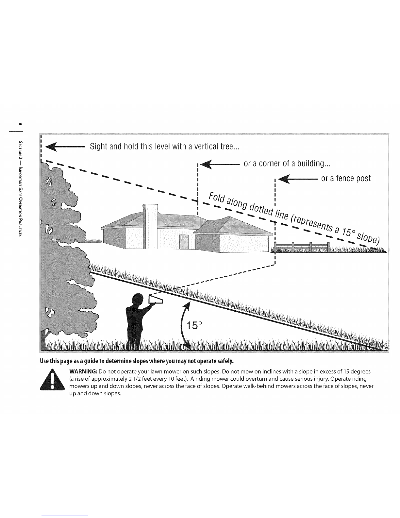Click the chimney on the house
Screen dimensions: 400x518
pyautogui.click(x=150, y=226)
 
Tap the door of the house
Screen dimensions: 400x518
pyautogui.click(x=184, y=242)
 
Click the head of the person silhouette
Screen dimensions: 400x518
pyautogui.click(x=137, y=300)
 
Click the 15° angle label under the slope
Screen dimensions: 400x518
pyautogui.click(x=194, y=325)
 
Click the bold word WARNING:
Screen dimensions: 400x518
pyautogui.click(x=83, y=371)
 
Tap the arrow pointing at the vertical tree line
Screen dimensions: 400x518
pyautogui.click(x=65, y=147)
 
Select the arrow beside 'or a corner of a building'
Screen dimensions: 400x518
pyautogui.click(x=220, y=164)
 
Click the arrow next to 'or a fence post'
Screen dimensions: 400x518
pyautogui.click(x=298, y=179)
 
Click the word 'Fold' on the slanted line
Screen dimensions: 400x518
pyautogui.click(x=216, y=198)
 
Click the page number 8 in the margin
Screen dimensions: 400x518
pyautogui.click(x=21, y=124)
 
